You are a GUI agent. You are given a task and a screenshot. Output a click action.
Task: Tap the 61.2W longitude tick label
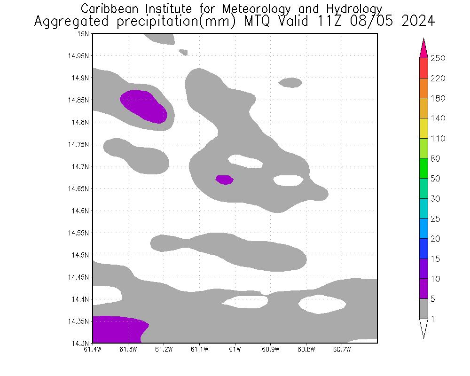pyautogui.click(x=164, y=349)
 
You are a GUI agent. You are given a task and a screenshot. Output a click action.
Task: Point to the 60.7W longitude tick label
pyautogui.click(x=342, y=349)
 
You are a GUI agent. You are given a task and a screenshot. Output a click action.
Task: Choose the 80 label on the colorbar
pyautogui.click(x=435, y=159)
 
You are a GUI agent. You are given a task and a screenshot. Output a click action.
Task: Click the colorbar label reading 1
pyautogui.click(x=432, y=319)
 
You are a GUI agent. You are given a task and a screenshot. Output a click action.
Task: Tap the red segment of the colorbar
pyautogui.click(x=423, y=68)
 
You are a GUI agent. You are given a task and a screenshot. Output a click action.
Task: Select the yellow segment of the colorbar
pyautogui.click(x=423, y=128)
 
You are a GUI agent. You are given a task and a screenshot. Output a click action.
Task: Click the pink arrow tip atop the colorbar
pyautogui.click(x=423, y=47)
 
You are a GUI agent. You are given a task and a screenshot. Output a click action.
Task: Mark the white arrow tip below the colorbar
pyautogui.click(x=423, y=329)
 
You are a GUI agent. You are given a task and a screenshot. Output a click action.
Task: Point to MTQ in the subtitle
pyautogui.click(x=258, y=22)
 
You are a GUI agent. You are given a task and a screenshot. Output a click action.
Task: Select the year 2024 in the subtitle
pyautogui.click(x=418, y=22)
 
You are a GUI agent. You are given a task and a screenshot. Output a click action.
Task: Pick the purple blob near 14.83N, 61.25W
pyautogui.click(x=144, y=106)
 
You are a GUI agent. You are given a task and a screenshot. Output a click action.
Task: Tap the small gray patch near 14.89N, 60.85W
pyautogui.click(x=290, y=83)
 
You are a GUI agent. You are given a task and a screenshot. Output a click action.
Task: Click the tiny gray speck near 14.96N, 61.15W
pyautogui.click(x=183, y=52)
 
